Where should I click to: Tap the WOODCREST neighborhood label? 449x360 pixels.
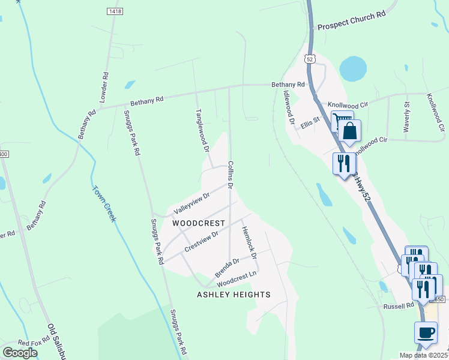[199, 223]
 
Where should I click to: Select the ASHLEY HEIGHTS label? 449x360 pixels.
[234, 295]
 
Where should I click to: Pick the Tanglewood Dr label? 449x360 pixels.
[202, 130]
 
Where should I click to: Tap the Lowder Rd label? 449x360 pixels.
[106, 86]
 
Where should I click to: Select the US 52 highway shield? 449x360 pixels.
[309, 59]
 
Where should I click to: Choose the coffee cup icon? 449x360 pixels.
[426, 332]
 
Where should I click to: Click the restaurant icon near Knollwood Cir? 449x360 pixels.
[344, 163]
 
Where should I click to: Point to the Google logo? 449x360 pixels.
[20, 353]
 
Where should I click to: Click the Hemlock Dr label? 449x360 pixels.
[249, 242]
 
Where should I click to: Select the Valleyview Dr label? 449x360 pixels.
[192, 204]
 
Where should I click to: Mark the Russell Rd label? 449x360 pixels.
[399, 305]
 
